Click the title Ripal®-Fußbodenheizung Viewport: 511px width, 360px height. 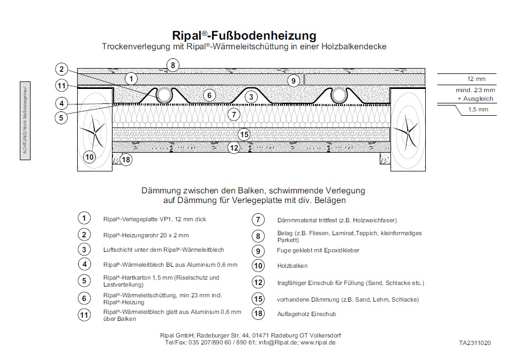click(x=244, y=36)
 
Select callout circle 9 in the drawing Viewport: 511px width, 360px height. click(x=292, y=80)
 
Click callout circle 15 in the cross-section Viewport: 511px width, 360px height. click(x=244, y=134)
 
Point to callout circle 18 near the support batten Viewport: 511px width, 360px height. click(x=126, y=159)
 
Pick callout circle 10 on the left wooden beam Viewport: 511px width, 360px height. click(x=89, y=157)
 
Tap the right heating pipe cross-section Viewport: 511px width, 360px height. click(x=339, y=96)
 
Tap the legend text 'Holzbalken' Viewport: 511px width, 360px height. click(x=292, y=265)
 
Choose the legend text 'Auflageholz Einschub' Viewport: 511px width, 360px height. click(x=306, y=314)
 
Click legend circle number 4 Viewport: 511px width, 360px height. click(x=84, y=264)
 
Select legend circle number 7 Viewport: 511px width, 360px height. click(x=258, y=220)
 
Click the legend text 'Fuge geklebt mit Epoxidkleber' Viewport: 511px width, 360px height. click(x=318, y=250)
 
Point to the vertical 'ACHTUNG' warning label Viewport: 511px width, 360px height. click(x=24, y=118)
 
